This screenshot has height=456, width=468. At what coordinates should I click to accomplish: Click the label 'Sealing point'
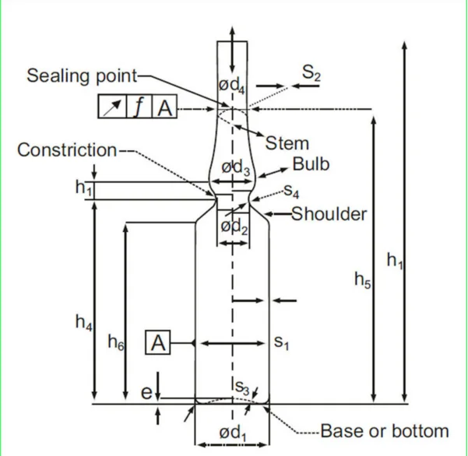click(81, 75)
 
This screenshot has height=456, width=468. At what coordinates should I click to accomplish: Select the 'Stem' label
click(287, 142)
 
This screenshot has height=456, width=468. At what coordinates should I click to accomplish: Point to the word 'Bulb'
click(311, 164)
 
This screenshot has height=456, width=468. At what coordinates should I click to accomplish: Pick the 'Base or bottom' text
click(385, 430)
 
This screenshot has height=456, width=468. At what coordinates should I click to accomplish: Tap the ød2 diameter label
click(233, 226)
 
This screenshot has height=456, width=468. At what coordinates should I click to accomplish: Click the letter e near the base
click(146, 393)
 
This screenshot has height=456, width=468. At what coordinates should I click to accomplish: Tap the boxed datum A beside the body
click(158, 342)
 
